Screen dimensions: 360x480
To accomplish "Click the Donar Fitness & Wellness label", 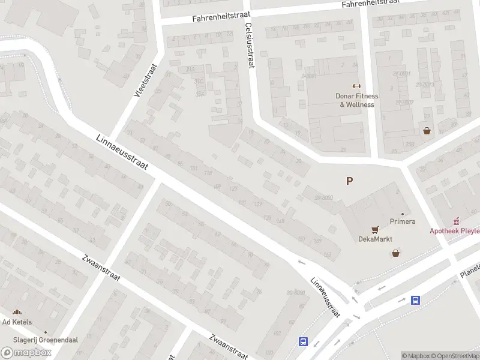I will (356, 100).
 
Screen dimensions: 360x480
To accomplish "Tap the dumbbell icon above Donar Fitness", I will (356, 86).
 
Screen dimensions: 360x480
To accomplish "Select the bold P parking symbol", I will (349, 181).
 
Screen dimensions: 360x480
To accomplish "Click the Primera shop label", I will (403, 221).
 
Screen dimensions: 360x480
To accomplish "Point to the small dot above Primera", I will (403, 214).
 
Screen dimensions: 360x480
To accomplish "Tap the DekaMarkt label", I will (376, 238).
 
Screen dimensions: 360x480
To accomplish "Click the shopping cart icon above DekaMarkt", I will (376, 229).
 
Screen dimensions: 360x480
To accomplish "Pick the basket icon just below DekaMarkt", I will (396, 253).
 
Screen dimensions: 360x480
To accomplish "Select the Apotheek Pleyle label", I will (454, 230).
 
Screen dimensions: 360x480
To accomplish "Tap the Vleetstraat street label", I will (145, 82).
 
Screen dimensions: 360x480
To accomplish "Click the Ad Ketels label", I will (17, 322).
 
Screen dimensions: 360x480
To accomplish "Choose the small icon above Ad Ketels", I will (17, 312).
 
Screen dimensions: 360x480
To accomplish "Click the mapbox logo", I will (26, 353).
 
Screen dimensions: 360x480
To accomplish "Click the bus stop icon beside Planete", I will (415, 300).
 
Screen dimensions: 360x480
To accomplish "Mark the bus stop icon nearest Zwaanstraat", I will (303, 342).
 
